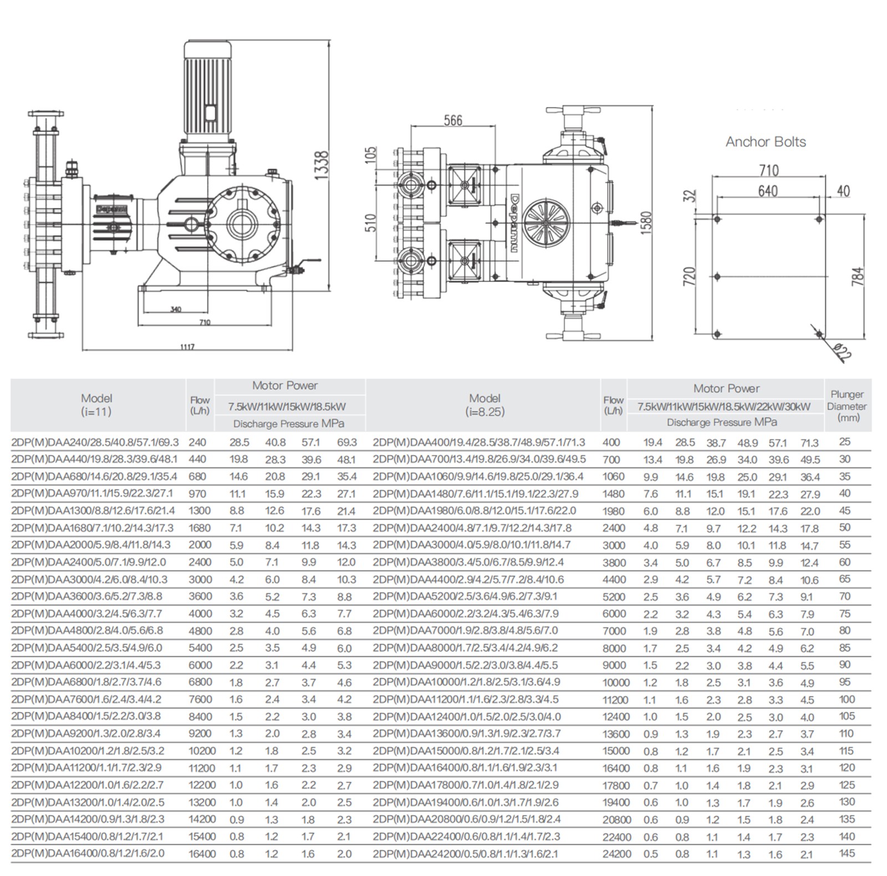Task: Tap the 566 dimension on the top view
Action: tap(452, 120)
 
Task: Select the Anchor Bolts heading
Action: tap(766, 142)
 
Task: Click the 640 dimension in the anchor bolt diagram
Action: tap(768, 191)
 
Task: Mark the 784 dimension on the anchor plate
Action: tap(857, 277)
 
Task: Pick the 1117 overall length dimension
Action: tap(187, 347)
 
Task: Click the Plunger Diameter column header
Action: tap(847, 405)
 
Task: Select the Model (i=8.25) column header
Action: tap(485, 405)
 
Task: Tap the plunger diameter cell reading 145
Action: tap(847, 853)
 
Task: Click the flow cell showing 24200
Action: tap(616, 854)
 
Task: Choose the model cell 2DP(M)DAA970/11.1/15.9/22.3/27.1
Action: tap(92, 493)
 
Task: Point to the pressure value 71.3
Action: tap(809, 442)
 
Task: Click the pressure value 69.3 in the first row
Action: tap(346, 442)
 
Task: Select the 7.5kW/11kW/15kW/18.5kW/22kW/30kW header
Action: tap(723, 406)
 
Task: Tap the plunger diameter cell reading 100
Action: tap(847, 699)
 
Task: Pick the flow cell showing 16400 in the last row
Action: tap(202, 854)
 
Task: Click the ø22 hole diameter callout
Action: tap(842, 350)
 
